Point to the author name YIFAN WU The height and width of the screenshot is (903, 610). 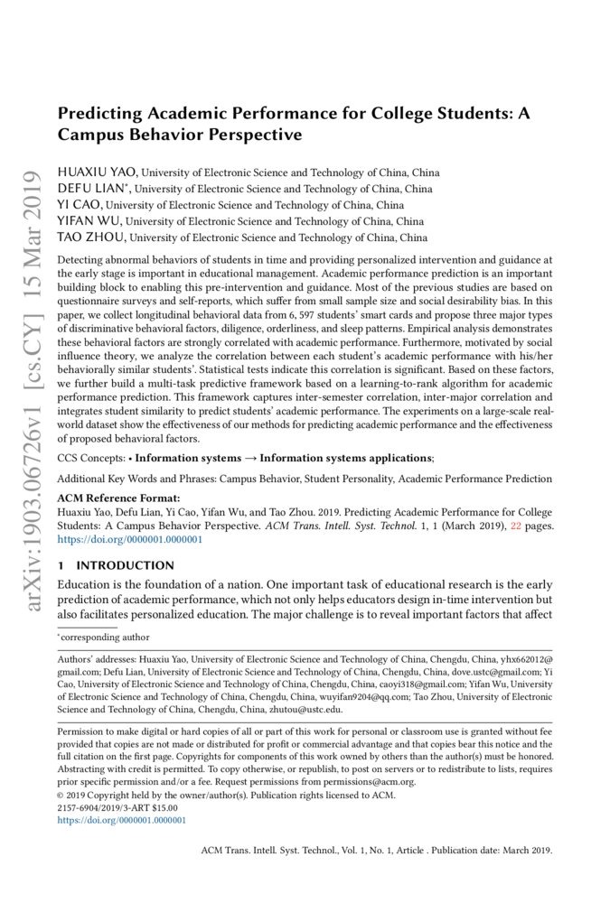point(89,221)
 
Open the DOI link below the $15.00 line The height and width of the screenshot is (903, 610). point(121,821)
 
